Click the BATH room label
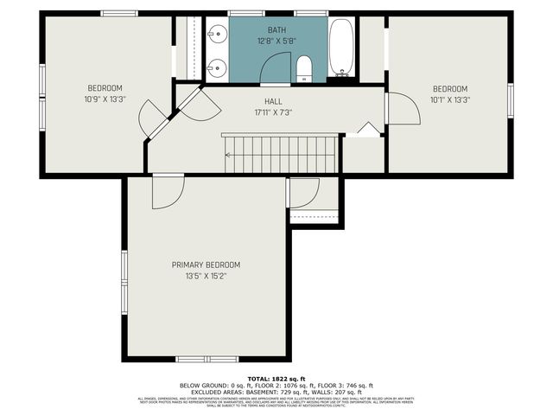(x=276, y=29)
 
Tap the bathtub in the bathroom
(x=340, y=48)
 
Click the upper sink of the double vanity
(x=216, y=35)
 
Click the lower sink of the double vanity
(x=216, y=67)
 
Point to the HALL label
(x=273, y=101)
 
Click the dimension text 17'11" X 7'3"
(x=273, y=112)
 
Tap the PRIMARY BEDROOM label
(x=206, y=265)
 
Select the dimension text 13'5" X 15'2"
(x=206, y=277)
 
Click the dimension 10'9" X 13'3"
(x=105, y=99)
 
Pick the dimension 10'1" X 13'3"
(x=449, y=99)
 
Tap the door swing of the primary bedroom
(x=166, y=192)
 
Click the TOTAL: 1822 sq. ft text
(x=276, y=379)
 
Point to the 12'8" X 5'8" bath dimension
(x=276, y=41)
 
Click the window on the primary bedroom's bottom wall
(x=207, y=359)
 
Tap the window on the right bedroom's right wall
(x=511, y=100)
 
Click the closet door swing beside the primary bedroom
(x=302, y=192)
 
